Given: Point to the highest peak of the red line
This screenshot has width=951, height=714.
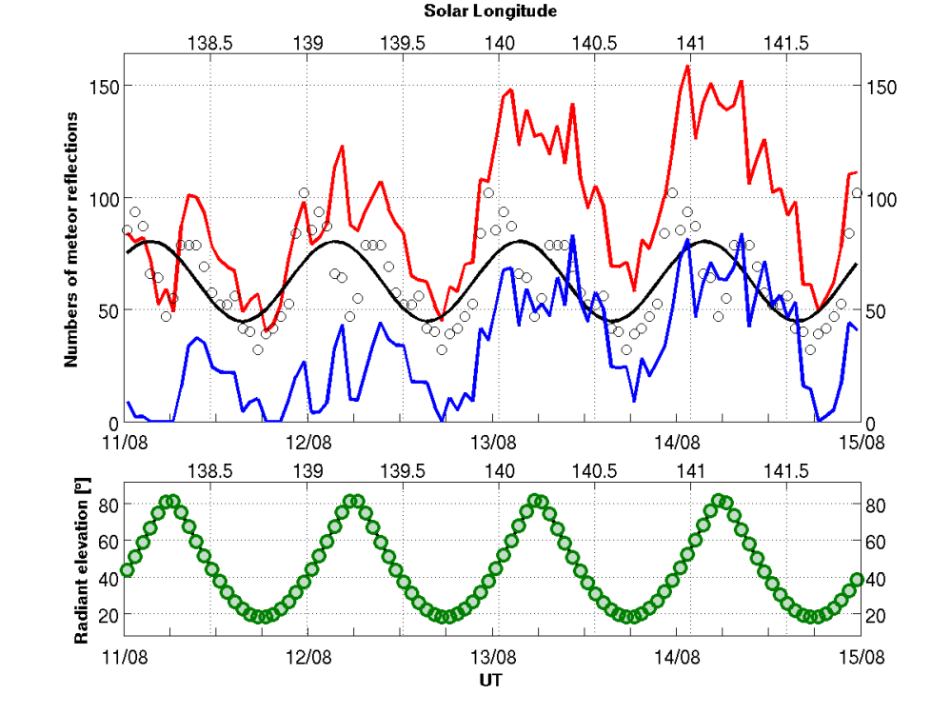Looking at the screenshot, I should (x=687, y=66).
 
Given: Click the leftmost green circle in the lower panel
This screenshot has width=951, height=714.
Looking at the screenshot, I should (x=127, y=570).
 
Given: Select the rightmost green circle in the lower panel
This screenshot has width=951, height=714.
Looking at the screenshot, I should (x=858, y=579).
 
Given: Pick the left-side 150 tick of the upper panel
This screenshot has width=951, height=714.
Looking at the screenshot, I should (x=105, y=86).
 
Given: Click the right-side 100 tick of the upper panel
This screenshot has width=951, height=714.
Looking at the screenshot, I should (x=877, y=198).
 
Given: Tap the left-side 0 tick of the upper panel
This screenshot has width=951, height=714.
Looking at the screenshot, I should (x=112, y=423).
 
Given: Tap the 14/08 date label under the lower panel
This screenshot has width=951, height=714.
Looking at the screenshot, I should (x=677, y=656).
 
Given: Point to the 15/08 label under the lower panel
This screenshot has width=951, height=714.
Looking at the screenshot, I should (x=861, y=656).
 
